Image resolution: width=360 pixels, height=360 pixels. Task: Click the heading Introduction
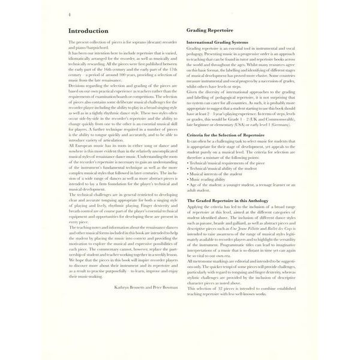pyautogui.click(x=89, y=29)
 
